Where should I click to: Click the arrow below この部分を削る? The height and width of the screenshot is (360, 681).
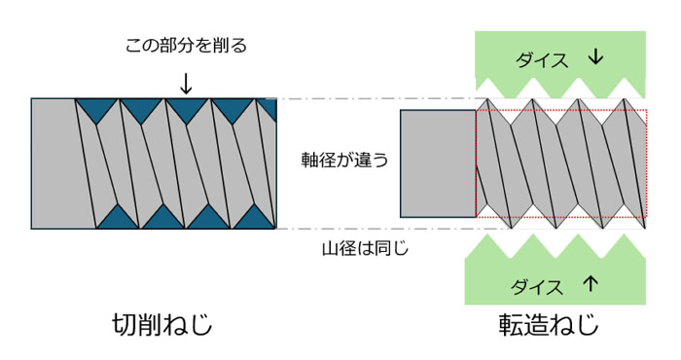tap(186, 83)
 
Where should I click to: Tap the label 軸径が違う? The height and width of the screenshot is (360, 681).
tap(344, 161)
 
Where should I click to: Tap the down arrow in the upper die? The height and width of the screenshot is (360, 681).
tap(595, 58)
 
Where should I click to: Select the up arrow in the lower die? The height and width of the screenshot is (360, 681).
tap(591, 286)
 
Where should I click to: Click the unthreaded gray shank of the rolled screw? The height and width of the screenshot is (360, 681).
tap(438, 163)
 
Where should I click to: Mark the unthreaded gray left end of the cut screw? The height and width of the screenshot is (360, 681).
tap(54, 163)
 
